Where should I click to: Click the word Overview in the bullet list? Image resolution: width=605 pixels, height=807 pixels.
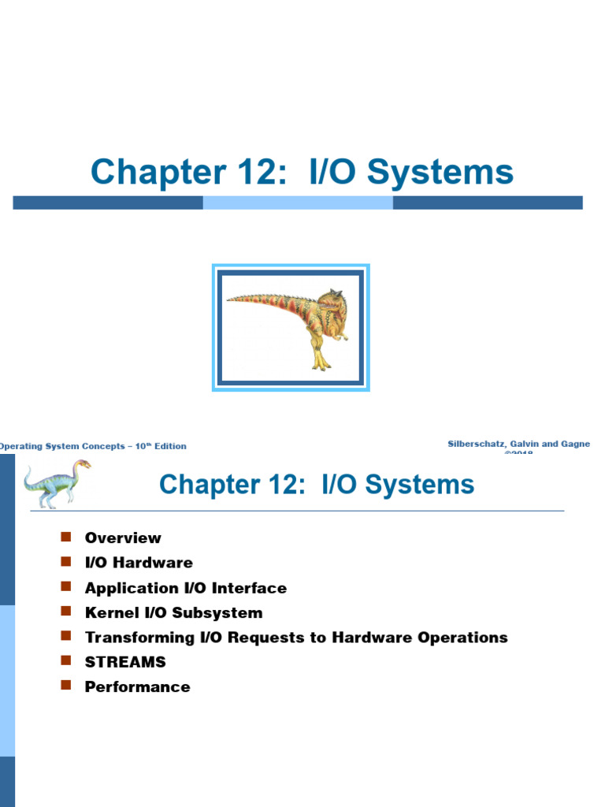123,538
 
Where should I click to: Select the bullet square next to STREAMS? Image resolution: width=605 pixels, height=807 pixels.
65,661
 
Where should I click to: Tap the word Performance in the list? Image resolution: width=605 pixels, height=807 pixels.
137,686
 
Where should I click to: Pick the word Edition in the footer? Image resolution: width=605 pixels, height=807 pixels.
170,446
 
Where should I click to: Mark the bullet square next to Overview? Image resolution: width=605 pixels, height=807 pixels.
65,537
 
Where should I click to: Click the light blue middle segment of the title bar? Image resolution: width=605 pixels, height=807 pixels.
298,203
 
